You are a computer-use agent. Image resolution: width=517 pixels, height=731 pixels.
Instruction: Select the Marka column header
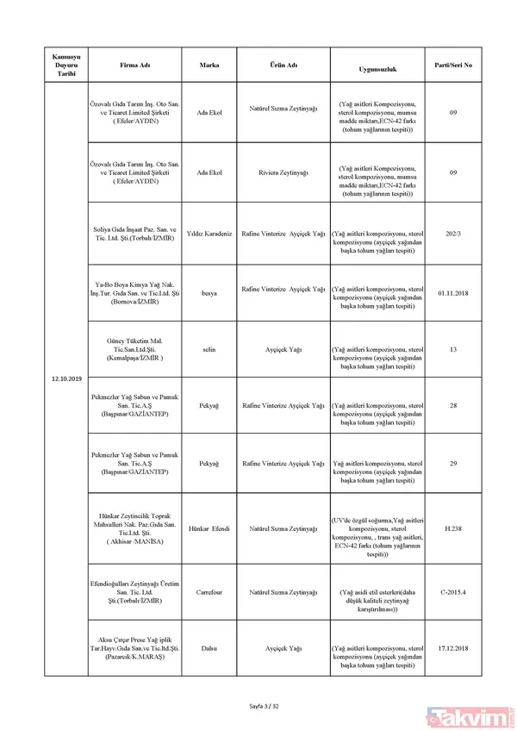point(209,65)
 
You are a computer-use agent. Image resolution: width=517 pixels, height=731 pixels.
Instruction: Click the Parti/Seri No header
point(453,65)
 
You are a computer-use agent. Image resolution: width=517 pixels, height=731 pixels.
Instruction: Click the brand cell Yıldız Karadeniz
point(209,234)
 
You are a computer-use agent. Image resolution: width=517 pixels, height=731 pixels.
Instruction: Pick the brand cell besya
point(209,293)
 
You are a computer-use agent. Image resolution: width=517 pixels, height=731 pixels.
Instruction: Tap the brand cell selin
point(209,351)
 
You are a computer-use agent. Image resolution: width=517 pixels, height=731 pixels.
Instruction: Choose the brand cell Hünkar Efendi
point(209,527)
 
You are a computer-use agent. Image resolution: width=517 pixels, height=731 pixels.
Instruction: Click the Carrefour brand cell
point(209,593)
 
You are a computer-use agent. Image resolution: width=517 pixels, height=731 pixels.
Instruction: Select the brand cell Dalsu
point(209,647)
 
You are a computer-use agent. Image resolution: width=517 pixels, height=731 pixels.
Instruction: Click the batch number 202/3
point(453,234)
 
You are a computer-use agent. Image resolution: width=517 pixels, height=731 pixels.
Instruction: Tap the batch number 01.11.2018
point(453,293)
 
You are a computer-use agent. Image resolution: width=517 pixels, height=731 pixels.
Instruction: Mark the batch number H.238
point(453,527)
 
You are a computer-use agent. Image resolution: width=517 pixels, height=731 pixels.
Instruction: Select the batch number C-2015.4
point(453,593)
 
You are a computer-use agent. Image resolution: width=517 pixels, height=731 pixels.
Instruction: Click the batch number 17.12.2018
point(453,647)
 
